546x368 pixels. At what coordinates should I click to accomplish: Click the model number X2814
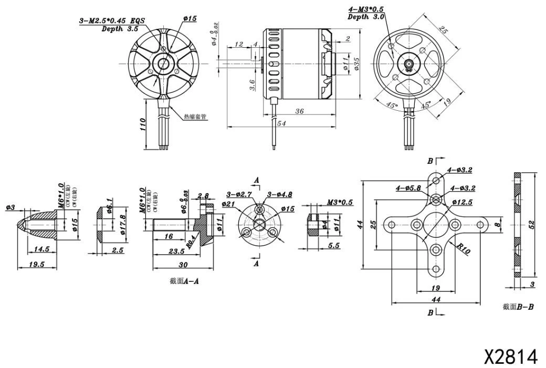[x=510, y=356]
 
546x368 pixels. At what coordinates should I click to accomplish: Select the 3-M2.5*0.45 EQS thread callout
[x=111, y=21]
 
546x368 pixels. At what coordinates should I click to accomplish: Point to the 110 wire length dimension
[x=143, y=126]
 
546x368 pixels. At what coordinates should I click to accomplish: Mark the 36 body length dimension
[x=300, y=111]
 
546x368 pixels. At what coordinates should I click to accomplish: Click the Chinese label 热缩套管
[x=194, y=117]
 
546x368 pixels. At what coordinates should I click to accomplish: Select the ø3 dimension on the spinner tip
[x=10, y=207]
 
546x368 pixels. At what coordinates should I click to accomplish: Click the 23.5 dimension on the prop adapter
[x=175, y=251]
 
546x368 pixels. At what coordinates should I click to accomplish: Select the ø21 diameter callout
[x=228, y=204]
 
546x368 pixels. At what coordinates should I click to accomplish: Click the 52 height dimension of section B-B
[x=531, y=225]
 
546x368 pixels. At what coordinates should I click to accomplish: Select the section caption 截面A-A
[x=184, y=281]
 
